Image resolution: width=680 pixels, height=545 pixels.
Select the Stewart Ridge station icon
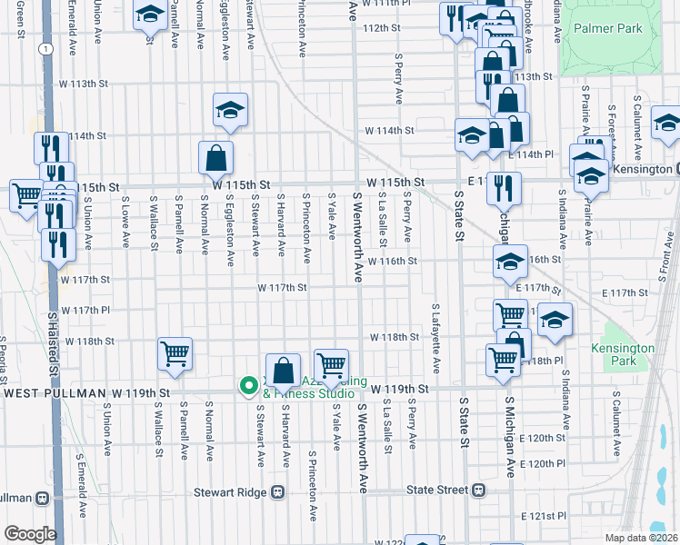[x=278, y=491]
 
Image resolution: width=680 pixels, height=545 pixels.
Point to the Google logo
[x=29, y=534]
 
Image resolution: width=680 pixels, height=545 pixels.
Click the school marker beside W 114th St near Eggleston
[x=231, y=111]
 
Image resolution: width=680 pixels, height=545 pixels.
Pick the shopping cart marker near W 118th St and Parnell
[x=175, y=352]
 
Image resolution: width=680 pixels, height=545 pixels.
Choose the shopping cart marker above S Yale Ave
[x=332, y=364]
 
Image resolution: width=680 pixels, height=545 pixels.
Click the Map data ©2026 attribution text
[x=642, y=538]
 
